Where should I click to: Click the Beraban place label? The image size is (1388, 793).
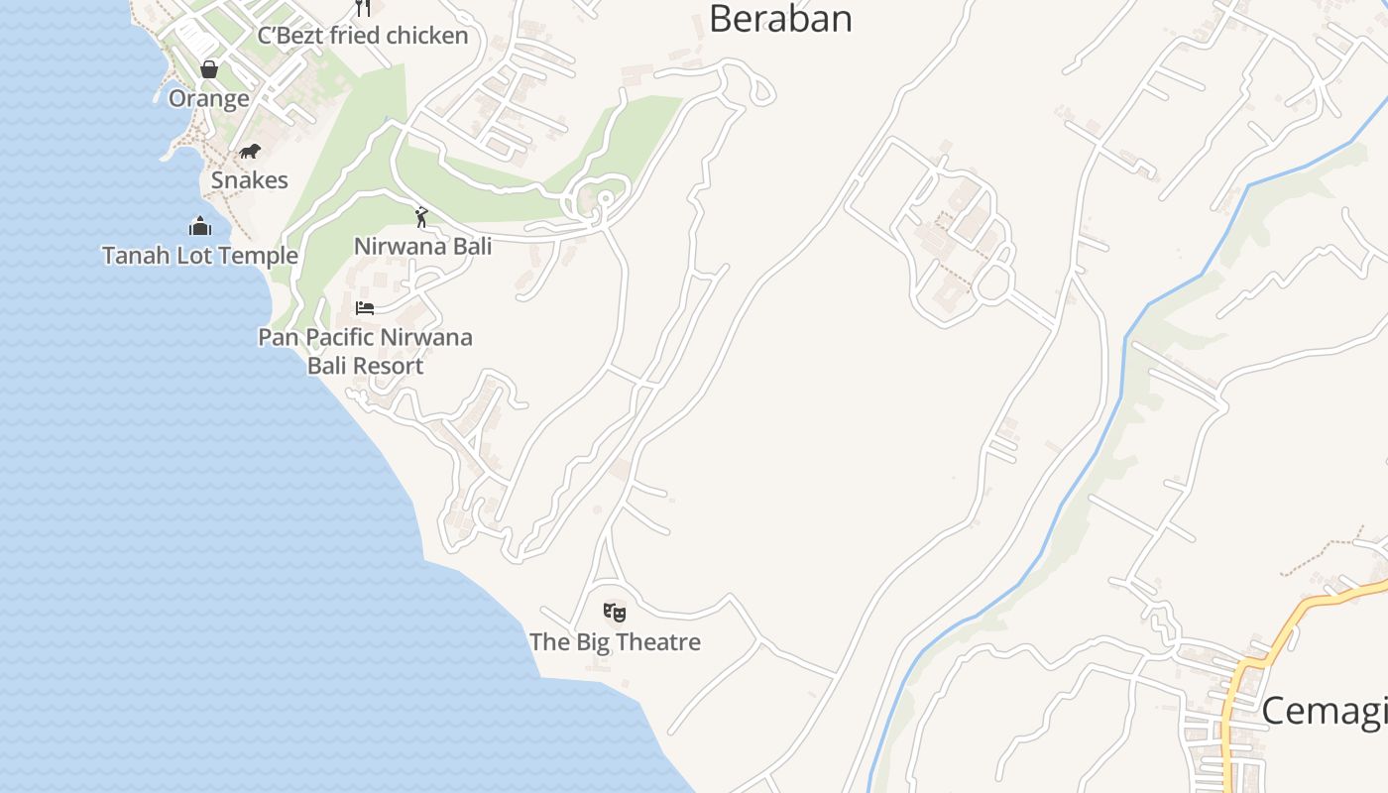point(780,18)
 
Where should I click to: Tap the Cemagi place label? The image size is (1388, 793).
point(1324,711)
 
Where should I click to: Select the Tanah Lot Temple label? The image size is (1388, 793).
point(200,255)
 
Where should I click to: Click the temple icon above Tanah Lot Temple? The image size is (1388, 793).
point(200,226)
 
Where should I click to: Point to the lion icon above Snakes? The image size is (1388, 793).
point(250,152)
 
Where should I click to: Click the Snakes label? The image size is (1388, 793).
point(250,180)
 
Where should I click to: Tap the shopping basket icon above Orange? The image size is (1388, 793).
point(208,69)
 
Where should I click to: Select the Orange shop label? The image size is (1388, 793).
point(208,98)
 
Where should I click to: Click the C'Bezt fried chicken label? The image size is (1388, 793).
point(363,36)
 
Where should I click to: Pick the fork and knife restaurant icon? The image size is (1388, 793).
point(363,8)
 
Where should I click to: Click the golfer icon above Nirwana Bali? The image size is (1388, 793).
point(421,216)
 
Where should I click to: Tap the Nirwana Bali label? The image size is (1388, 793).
point(422,246)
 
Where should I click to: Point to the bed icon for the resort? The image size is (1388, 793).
point(365,308)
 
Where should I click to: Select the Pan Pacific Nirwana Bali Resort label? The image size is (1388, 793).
point(365,351)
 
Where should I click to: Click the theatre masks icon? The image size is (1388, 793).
point(615,613)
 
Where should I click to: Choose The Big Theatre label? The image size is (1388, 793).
point(615,641)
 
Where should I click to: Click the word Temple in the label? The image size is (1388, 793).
point(261,256)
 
